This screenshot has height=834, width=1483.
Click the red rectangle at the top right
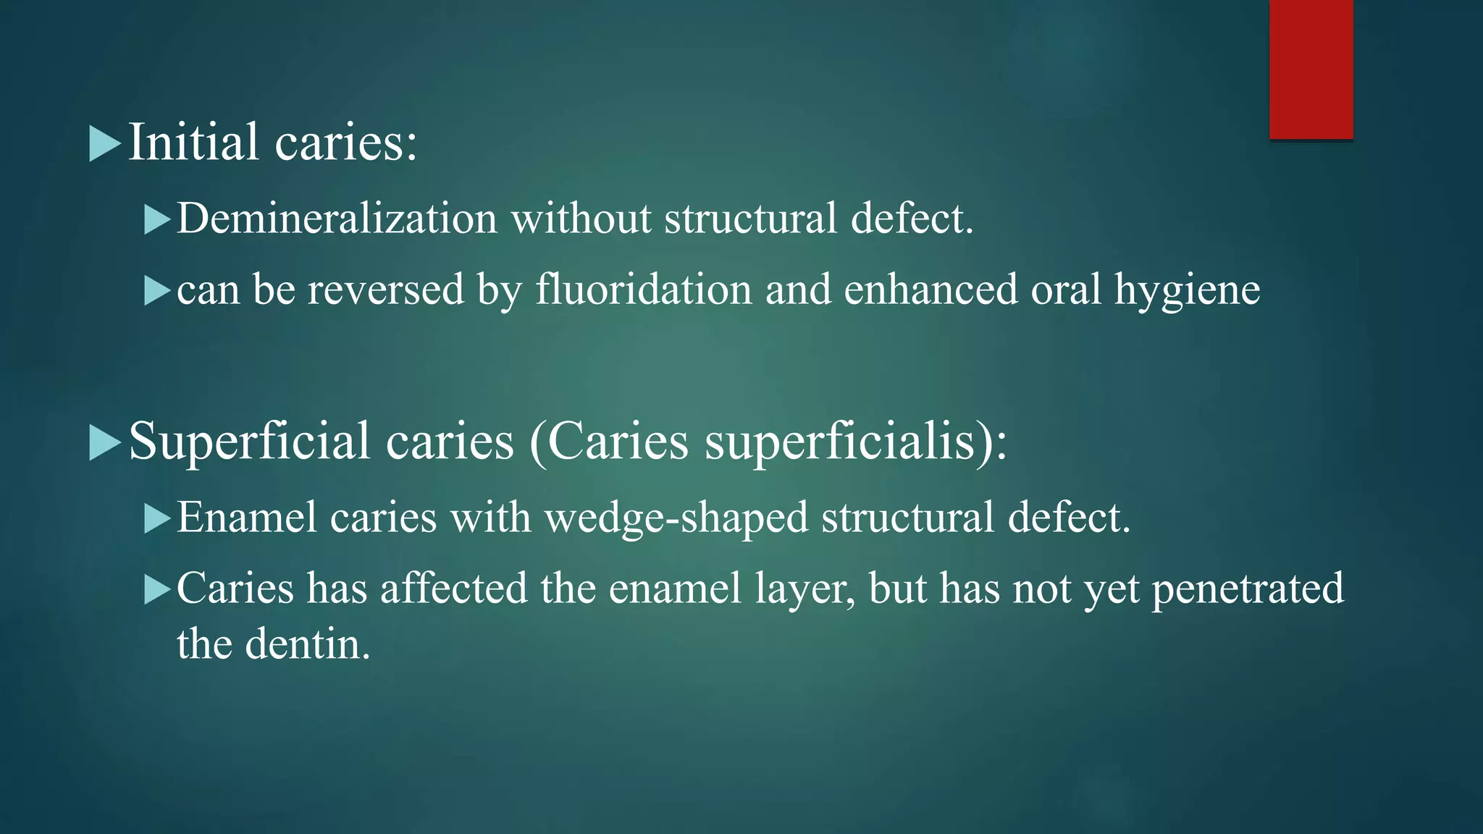pos(1311,69)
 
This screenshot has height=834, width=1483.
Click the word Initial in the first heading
pos(193,142)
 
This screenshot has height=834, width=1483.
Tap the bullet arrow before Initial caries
pos(104,143)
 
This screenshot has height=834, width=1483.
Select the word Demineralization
pos(337,218)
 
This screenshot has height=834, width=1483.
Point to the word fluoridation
pos(644,289)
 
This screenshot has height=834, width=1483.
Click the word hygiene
pos(1187,290)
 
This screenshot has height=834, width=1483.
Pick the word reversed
pos(385,289)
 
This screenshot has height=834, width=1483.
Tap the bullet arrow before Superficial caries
pos(104,442)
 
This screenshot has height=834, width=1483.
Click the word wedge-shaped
pos(676,518)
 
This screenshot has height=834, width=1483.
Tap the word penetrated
pos(1247,589)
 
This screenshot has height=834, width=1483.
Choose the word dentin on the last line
pos(307,644)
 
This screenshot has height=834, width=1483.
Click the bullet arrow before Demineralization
pos(156,219)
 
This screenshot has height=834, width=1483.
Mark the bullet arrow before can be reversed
pos(156,290)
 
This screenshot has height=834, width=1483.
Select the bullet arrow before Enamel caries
pos(156,518)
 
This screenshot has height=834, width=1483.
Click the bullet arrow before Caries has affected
pos(156,589)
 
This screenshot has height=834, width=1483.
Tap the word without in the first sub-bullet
pos(581,218)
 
